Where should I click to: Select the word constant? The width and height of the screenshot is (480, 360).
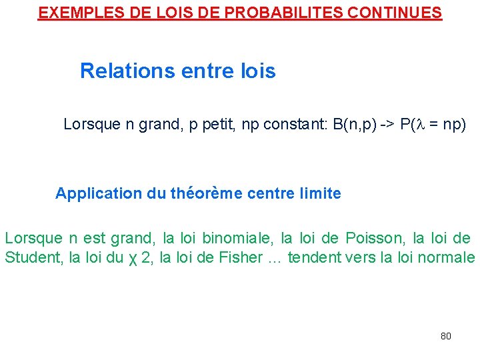point(293,124)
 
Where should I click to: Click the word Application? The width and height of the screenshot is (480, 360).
point(98,194)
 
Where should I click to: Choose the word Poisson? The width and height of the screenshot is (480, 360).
point(372,238)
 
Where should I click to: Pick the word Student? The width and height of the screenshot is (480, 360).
point(34,258)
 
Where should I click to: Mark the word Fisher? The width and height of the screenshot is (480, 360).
point(241,258)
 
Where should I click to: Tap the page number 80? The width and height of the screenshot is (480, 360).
point(446,336)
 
